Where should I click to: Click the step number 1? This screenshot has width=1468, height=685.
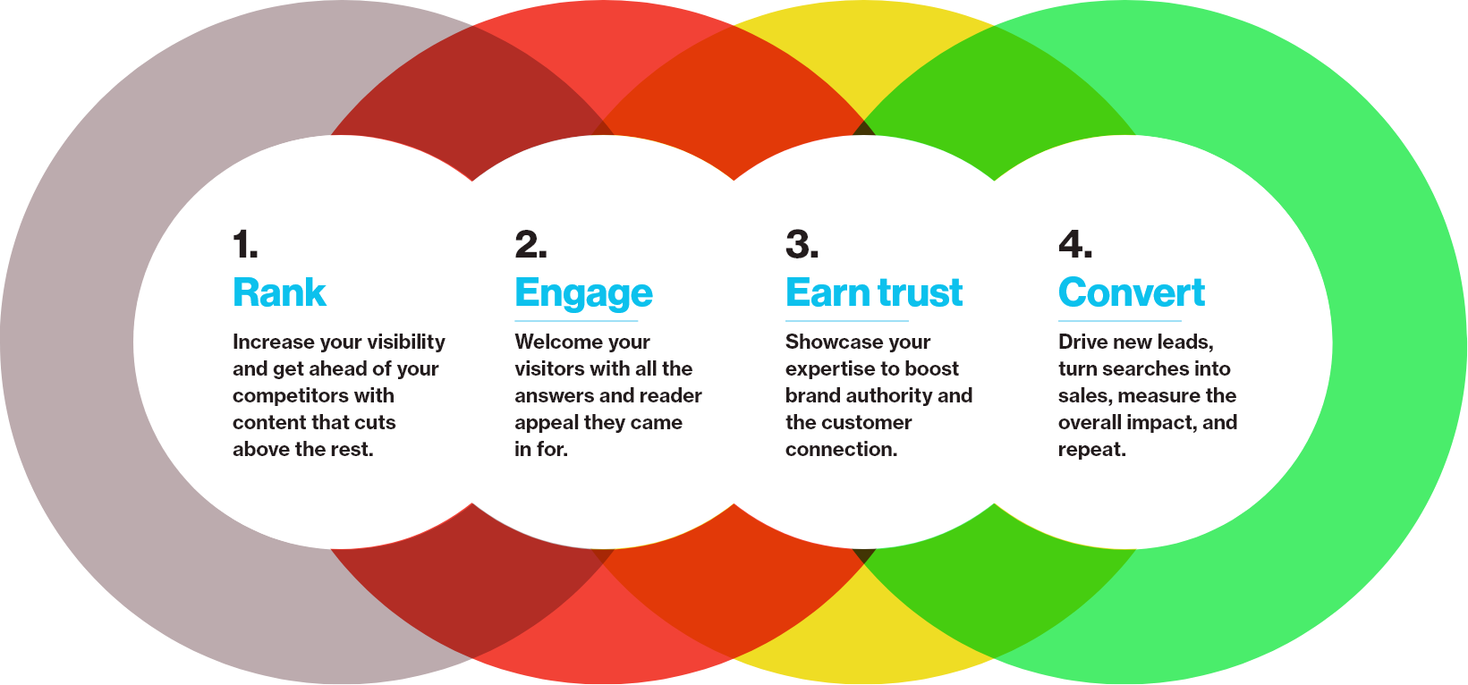coord(245,244)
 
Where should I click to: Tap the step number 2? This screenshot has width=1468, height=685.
coord(530,244)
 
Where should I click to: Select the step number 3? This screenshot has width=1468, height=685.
coord(802,244)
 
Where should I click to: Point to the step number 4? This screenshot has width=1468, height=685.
coord(1075,244)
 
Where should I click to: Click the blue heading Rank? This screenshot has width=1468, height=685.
coord(279,292)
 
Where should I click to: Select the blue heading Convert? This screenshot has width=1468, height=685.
coord(1132,292)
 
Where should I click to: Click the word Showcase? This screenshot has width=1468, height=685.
coord(827,342)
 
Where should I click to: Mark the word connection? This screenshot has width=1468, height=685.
coord(842,449)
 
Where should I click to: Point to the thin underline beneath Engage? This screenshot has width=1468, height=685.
coord(577,321)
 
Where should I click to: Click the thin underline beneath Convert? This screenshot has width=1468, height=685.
coord(1120,321)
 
